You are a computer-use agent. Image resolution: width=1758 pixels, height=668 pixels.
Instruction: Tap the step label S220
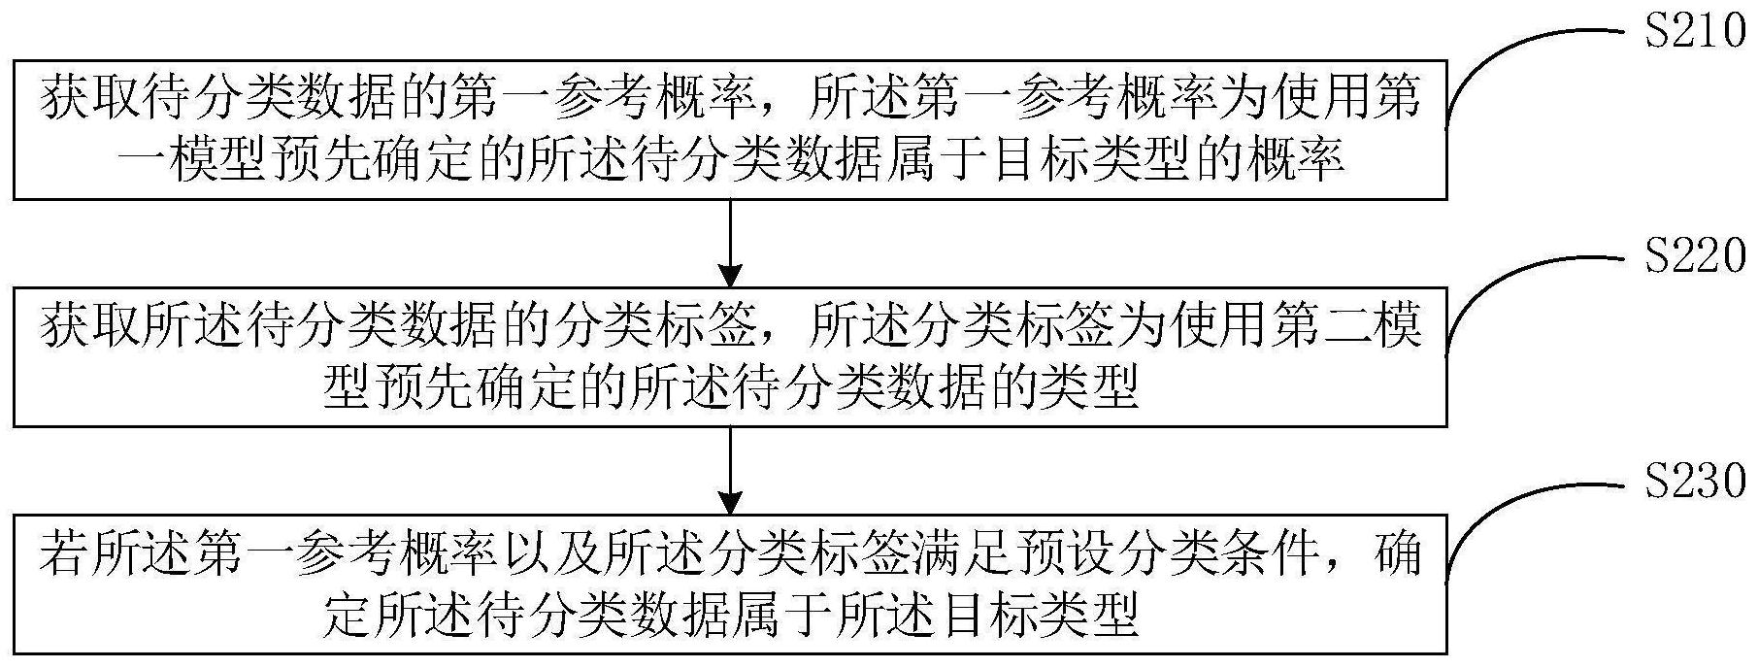point(1693,259)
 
